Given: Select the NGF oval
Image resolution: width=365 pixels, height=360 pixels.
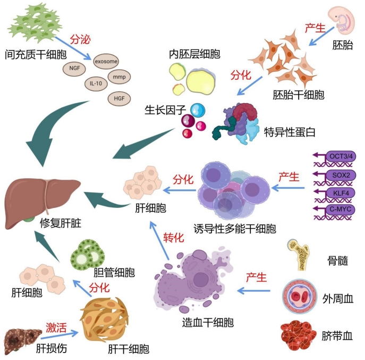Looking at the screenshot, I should [x=74, y=69].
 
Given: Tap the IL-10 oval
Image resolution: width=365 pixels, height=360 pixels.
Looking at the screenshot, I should [x=96, y=83].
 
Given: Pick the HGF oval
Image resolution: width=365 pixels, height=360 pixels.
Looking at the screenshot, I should [x=120, y=98].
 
